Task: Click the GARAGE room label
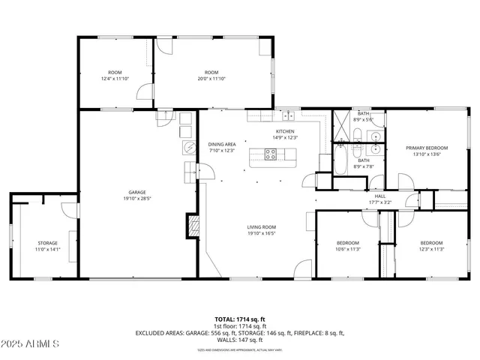click(136, 192)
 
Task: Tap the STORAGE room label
click(48, 243)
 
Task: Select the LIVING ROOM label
click(262, 226)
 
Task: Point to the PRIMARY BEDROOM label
click(427, 148)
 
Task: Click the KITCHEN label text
click(286, 131)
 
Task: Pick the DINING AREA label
click(222, 144)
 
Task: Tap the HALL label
click(380, 196)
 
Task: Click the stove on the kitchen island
click(271, 154)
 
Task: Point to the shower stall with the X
click(343, 121)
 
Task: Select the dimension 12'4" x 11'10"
click(115, 79)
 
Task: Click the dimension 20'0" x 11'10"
click(211, 79)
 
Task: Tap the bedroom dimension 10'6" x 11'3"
click(347, 249)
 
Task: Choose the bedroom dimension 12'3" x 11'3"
click(431, 249)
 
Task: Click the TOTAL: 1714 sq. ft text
click(240, 319)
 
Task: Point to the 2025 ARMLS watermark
click(31, 344)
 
